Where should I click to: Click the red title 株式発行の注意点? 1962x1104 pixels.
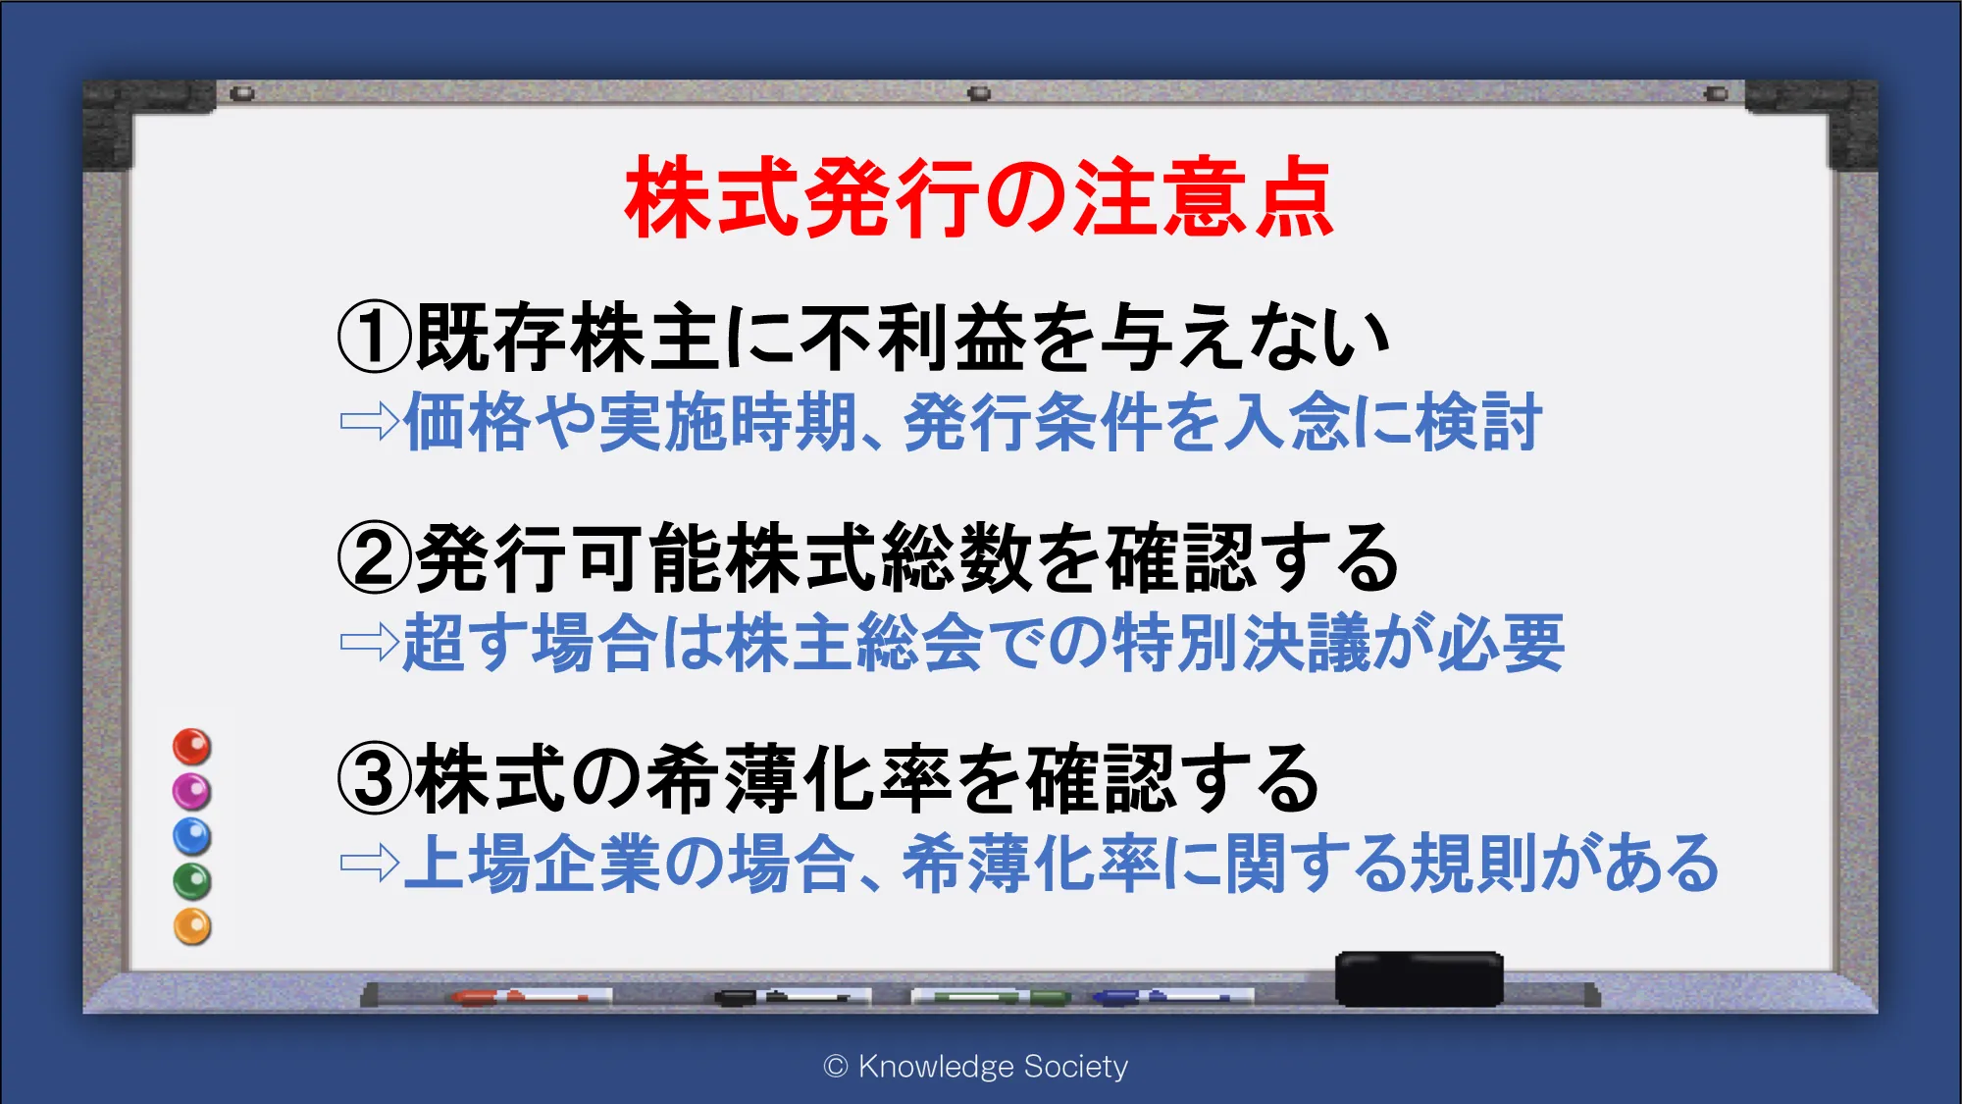979,196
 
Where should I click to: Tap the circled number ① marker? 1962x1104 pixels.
374,337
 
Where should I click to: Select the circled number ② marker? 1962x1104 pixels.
374,557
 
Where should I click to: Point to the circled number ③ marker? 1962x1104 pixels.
374,779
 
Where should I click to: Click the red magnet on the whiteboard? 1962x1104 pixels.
192,747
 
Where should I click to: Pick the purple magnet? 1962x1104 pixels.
192,791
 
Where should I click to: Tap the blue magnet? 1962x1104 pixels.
192,836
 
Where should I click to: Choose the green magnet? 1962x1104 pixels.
192,881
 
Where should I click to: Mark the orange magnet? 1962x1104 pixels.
192,926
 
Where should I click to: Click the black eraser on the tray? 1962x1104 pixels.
1419,978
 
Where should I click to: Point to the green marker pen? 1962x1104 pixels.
991,997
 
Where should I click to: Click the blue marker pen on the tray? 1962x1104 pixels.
1173,997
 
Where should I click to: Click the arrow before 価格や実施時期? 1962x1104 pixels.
369,422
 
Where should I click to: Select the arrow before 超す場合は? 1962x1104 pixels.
369,643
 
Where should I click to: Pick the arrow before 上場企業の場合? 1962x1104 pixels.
369,864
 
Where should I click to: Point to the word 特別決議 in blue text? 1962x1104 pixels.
1242,643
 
